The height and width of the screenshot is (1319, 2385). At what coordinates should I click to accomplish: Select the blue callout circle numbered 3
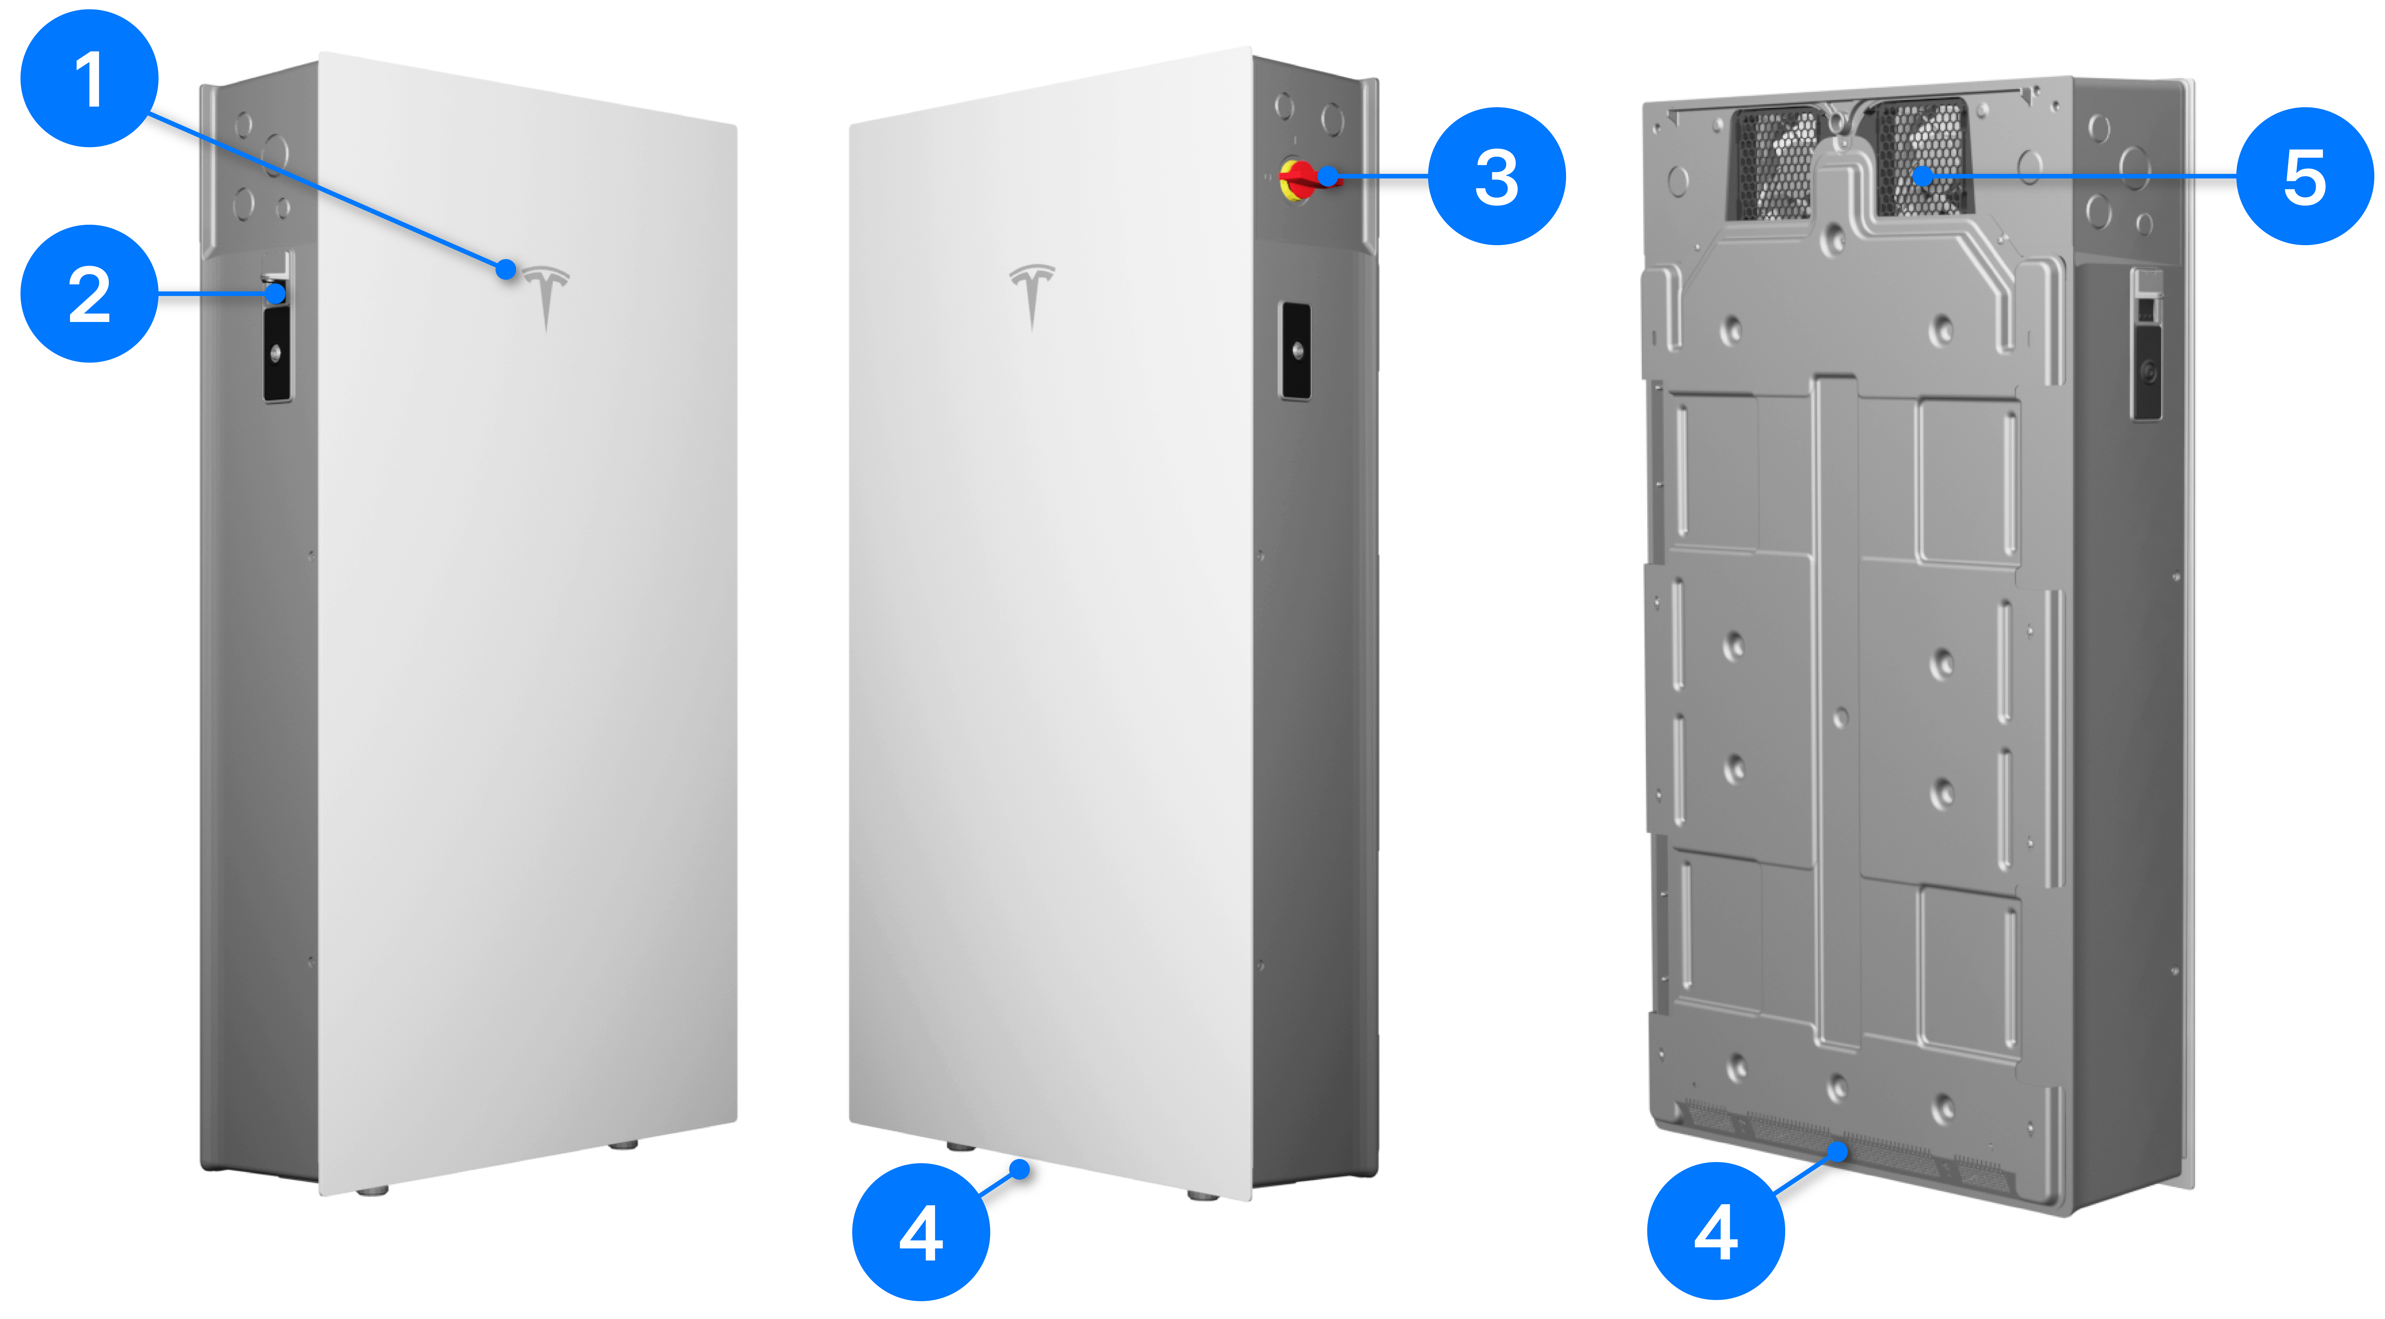coord(1497,176)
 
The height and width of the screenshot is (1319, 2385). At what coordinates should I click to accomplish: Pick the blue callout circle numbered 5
coord(2305,176)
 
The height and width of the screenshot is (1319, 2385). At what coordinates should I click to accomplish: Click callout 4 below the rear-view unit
coord(1716,1231)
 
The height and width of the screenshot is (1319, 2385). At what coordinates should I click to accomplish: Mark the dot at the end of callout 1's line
coord(506,269)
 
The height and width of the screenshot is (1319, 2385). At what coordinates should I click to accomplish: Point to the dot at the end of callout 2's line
coord(276,294)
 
